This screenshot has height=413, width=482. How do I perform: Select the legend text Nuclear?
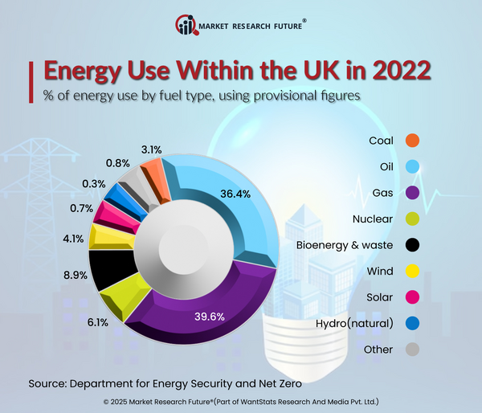tap(373, 219)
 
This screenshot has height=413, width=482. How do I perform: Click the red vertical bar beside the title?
tap(33, 77)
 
